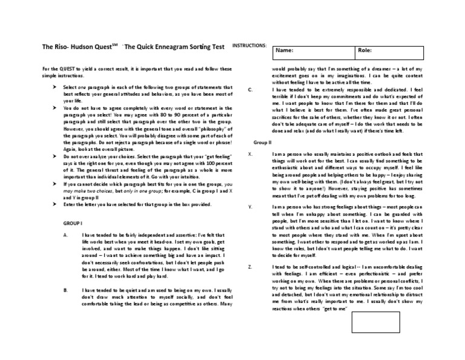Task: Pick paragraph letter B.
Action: click(65, 290)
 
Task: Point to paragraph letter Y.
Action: click(250, 207)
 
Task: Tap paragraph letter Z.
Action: click(250, 267)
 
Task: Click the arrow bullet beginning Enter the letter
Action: click(54, 205)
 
